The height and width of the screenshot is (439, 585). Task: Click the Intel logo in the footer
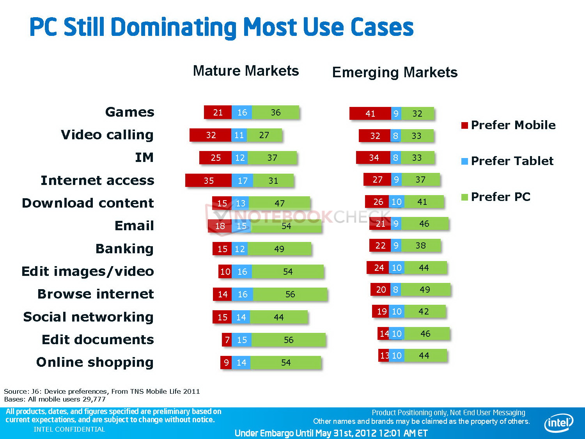pyautogui.click(x=558, y=423)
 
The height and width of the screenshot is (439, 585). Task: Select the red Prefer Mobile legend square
pyautogui.click(x=464, y=125)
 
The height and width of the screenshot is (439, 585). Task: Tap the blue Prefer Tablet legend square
pyautogui.click(x=464, y=161)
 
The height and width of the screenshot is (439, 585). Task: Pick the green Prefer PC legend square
pyautogui.click(x=464, y=197)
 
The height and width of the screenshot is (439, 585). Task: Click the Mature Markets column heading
pyautogui.click(x=246, y=71)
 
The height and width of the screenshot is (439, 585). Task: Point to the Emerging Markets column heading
pyautogui.click(x=395, y=73)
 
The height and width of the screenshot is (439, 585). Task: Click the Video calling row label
pyautogui.click(x=107, y=135)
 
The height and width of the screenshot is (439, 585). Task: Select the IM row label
pyautogui.click(x=144, y=158)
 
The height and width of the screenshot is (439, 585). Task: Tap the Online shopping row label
pyautogui.click(x=95, y=363)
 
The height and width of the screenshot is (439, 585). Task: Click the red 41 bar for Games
pyautogui.click(x=370, y=114)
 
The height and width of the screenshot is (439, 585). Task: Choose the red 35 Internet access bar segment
pyautogui.click(x=208, y=181)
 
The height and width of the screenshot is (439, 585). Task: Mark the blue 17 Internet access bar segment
pyautogui.click(x=242, y=181)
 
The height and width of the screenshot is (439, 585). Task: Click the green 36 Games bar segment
pyautogui.click(x=275, y=112)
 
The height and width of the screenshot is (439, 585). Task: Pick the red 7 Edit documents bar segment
pyautogui.click(x=227, y=340)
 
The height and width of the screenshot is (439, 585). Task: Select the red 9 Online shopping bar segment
pyautogui.click(x=226, y=363)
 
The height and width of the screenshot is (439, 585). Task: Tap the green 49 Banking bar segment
pyautogui.click(x=279, y=249)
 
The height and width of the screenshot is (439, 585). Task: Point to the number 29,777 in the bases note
pyautogui.click(x=94, y=399)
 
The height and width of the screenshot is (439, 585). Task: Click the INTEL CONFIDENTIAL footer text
pyautogui.click(x=69, y=429)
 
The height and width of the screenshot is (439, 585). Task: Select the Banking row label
pyautogui.click(x=124, y=249)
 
